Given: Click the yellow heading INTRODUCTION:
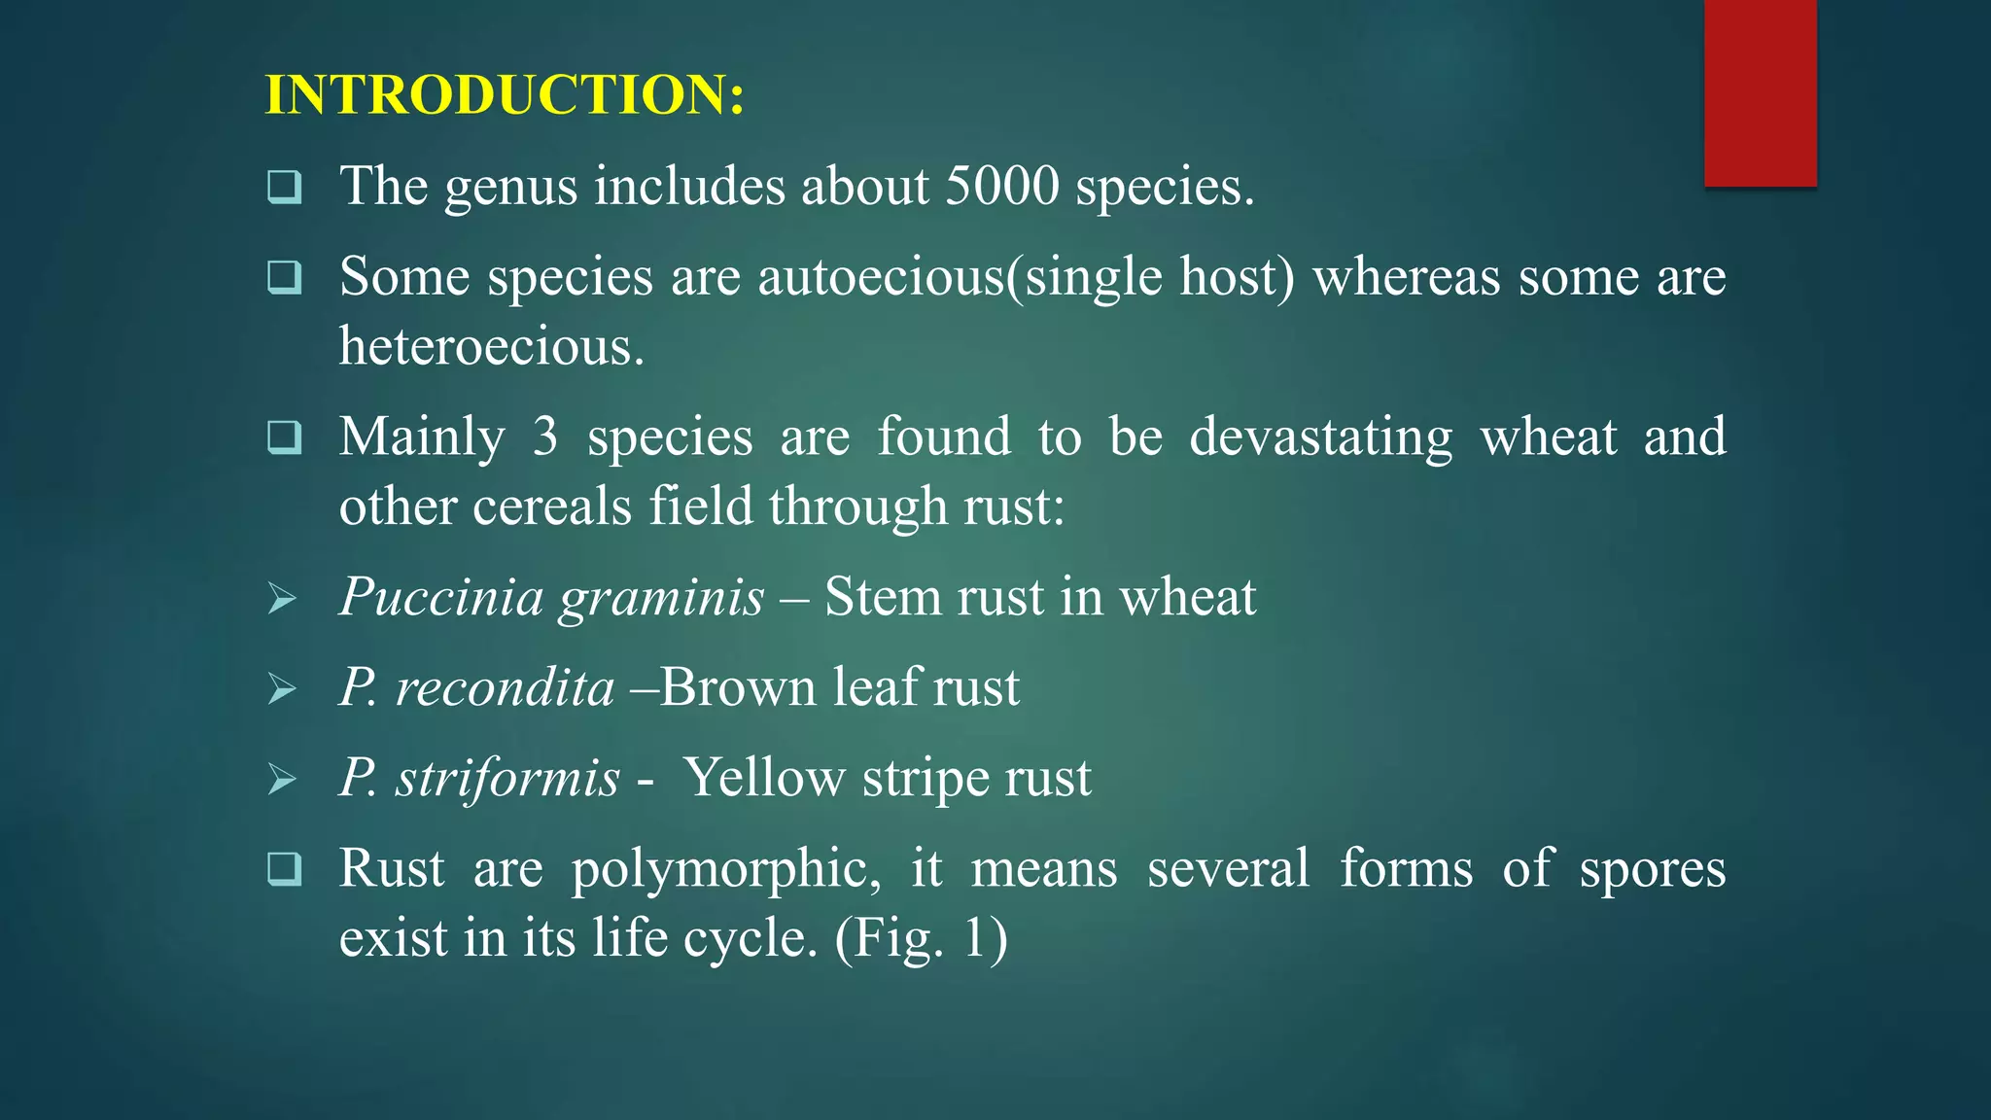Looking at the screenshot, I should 505,95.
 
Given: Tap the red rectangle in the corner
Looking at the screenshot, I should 1760,92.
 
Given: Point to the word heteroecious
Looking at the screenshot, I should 491,346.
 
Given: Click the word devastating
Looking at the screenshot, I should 1321,437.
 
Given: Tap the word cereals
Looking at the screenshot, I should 552,507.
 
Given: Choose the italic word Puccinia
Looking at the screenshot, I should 440,596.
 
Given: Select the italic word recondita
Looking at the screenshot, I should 505,687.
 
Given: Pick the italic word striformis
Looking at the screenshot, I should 506,778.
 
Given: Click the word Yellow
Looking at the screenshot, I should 764,778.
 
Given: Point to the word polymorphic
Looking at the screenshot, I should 725,869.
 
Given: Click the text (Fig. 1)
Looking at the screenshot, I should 921,939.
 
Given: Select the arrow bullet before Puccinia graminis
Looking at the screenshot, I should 282,598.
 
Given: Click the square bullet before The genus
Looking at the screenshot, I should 284,186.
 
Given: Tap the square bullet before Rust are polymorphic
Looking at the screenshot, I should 284,868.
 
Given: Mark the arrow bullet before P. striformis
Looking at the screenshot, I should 282,779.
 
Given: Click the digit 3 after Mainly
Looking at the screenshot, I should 545,437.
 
